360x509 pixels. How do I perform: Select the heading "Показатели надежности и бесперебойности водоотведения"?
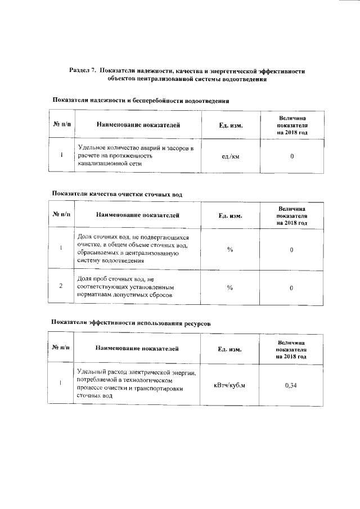tap(140, 101)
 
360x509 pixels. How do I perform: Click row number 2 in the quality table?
tap(61, 287)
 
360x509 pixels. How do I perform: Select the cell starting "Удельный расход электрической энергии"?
tap(137, 385)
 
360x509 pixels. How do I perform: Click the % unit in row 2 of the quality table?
tap(230, 287)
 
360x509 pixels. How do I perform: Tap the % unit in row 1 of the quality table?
tap(230, 249)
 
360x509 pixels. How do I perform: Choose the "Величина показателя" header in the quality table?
tap(291, 215)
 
